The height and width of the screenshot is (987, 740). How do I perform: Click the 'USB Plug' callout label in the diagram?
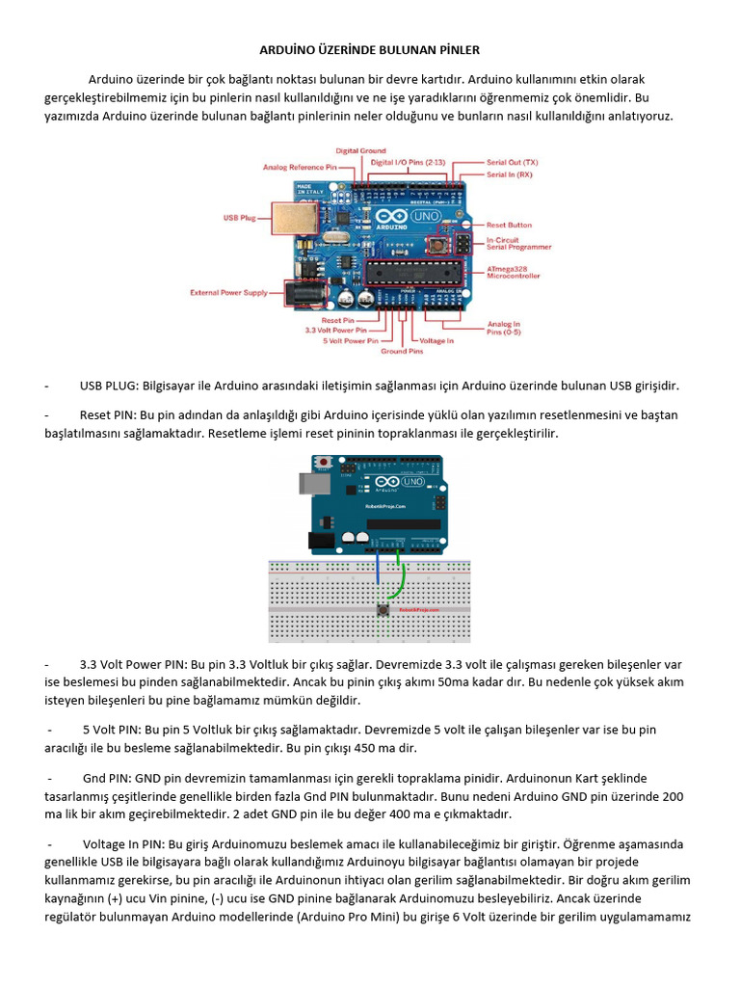point(239,218)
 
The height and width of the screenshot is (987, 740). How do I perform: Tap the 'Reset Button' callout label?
point(509,225)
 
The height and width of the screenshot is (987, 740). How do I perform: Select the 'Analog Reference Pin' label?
point(300,167)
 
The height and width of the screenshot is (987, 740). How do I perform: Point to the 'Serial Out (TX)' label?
point(512,162)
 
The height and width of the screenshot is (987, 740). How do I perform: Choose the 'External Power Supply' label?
point(227,291)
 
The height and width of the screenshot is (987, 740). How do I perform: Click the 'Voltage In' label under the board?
point(436,340)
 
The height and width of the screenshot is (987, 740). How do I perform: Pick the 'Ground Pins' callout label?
point(401,352)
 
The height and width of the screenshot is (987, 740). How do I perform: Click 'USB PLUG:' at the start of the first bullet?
point(109,387)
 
